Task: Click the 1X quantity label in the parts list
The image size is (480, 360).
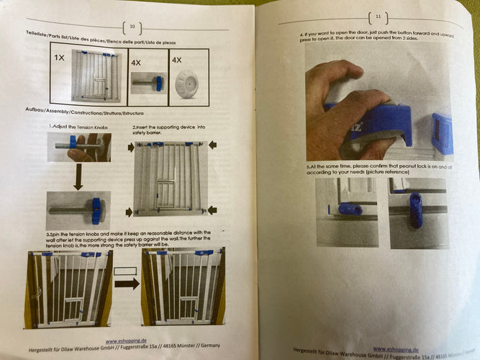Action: point(60,58)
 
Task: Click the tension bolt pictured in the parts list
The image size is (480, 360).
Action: point(149,84)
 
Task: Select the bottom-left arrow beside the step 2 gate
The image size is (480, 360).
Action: point(130,211)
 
